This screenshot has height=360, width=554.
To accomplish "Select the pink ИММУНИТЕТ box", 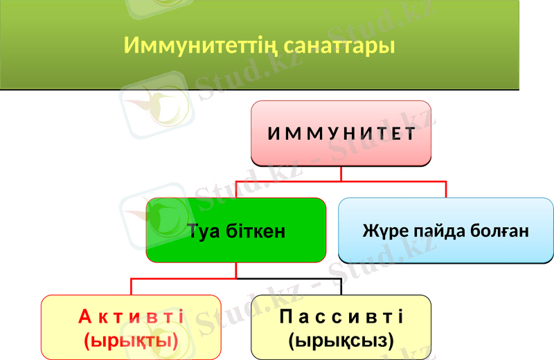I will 341,134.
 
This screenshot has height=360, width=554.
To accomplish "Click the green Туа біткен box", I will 235,231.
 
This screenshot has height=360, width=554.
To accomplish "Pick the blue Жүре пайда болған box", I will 445,231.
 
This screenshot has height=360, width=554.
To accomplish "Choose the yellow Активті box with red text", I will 131,327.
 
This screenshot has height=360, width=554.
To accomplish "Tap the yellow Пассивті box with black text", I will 341,327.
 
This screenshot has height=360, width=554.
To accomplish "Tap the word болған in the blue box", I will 498,231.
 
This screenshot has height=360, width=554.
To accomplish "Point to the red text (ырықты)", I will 131,340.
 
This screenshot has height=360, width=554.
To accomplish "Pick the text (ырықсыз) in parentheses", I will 341,340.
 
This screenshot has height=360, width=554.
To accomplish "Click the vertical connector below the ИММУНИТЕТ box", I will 341,174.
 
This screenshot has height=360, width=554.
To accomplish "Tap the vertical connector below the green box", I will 235,271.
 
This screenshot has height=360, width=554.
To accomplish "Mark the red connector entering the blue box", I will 445,189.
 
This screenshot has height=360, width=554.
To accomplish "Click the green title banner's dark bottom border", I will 260,89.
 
